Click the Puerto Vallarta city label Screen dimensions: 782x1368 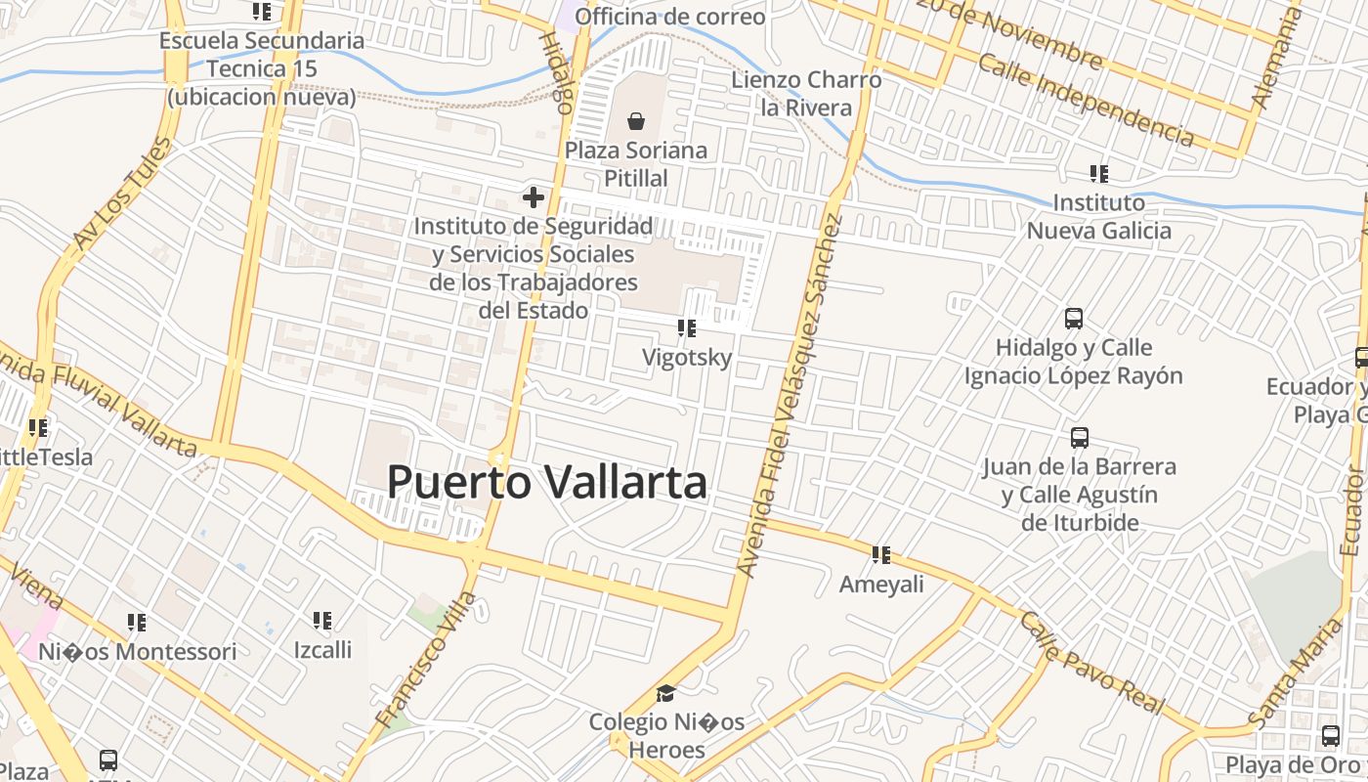547,482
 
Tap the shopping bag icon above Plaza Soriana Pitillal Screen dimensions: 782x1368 636,121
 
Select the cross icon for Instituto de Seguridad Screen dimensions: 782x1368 533,197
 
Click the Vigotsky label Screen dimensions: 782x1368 686,358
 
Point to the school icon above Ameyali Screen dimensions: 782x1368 881,555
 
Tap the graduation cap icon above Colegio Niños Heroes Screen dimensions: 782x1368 665,693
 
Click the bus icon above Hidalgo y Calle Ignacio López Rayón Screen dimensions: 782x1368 1074,319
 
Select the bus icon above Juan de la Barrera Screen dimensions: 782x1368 1079,438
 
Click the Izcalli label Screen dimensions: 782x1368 322,649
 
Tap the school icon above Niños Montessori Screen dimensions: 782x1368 137,623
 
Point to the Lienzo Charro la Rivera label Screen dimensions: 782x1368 806,94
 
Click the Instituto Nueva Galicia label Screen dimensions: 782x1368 1098,217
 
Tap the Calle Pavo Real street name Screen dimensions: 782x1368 1092,662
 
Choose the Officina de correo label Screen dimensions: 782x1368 670,17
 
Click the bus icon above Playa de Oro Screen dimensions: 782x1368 1331,736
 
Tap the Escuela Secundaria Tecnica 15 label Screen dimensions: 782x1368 262,68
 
